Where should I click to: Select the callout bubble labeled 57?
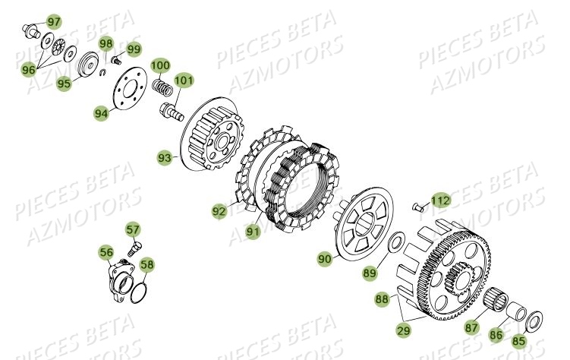133,229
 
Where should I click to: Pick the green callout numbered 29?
404,330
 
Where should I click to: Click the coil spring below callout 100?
162,86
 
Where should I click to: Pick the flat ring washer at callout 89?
395,243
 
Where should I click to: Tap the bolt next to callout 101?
172,115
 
